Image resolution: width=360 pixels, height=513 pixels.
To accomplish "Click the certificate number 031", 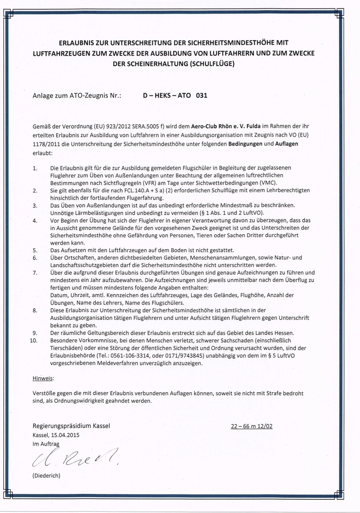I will pyautogui.click(x=202, y=96).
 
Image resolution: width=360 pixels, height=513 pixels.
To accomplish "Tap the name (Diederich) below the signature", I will pyautogui.click(x=46, y=476).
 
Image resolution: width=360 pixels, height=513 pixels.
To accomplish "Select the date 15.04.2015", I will pyautogui.click(x=65, y=435).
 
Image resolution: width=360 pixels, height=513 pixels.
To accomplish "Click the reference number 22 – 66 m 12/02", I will pyautogui.click(x=251, y=426).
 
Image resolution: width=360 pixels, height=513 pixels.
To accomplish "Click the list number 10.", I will pyautogui.click(x=34, y=341).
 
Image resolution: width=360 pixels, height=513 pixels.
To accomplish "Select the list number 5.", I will pyautogui.click(x=35, y=250).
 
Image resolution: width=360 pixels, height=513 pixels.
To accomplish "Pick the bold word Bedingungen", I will pyautogui.click(x=245, y=144).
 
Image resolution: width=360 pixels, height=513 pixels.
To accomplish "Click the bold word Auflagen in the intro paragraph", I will pyautogui.click(x=286, y=144).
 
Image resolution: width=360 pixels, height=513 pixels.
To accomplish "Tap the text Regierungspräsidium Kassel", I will pyautogui.click(x=71, y=426).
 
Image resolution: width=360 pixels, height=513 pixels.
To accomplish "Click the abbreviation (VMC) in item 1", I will pyautogui.click(x=269, y=183).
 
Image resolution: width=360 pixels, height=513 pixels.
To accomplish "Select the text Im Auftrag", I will pyautogui.click(x=46, y=444).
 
